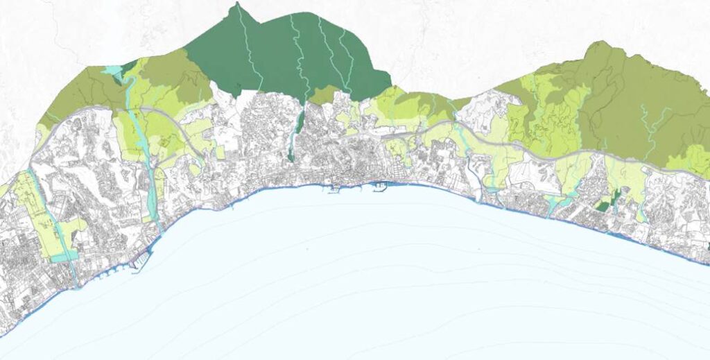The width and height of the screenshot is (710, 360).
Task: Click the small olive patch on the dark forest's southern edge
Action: click(x=323, y=94)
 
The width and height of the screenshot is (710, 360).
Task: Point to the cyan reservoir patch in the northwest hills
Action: click(x=111, y=70)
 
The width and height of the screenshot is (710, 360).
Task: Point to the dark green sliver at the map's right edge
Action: click(x=708, y=243)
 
